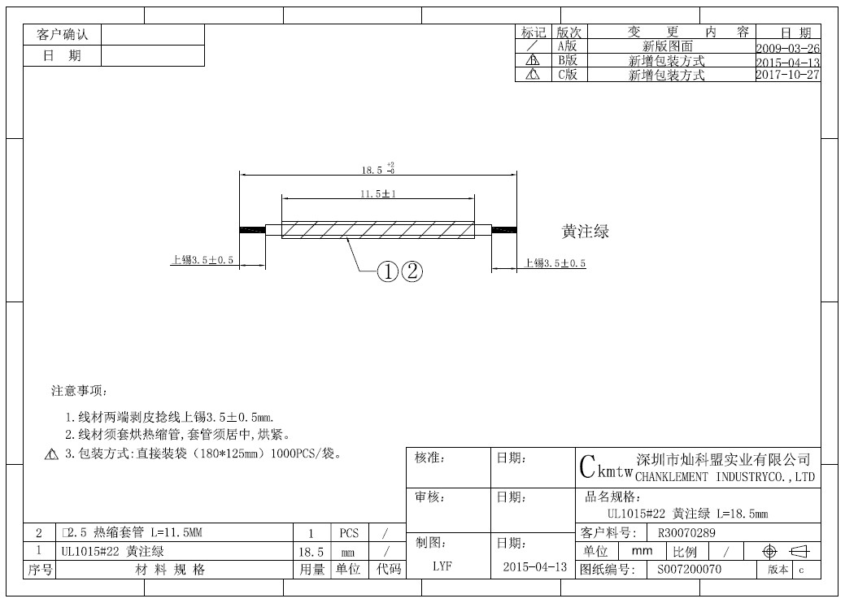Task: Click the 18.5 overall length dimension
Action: tap(378, 169)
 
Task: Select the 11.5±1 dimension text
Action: tap(378, 193)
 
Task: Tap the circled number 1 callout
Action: tap(387, 271)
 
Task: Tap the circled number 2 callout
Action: tap(412, 271)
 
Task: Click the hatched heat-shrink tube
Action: tap(378, 230)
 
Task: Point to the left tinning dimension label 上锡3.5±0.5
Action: tap(202, 260)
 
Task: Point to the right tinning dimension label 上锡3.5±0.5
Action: tap(555, 263)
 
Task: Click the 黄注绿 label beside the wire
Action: tap(586, 232)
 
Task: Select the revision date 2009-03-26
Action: tap(788, 48)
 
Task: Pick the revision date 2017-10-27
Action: tap(788, 75)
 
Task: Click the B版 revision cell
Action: tap(568, 60)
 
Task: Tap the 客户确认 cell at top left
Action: tap(62, 34)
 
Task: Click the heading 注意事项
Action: tap(79, 390)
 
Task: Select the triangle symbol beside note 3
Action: tap(51, 454)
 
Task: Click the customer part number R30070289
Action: tap(686, 533)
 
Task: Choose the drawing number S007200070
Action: tap(690, 569)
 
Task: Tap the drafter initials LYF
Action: tap(442, 566)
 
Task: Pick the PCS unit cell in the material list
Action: tap(349, 533)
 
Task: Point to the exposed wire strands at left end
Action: tap(252, 230)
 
